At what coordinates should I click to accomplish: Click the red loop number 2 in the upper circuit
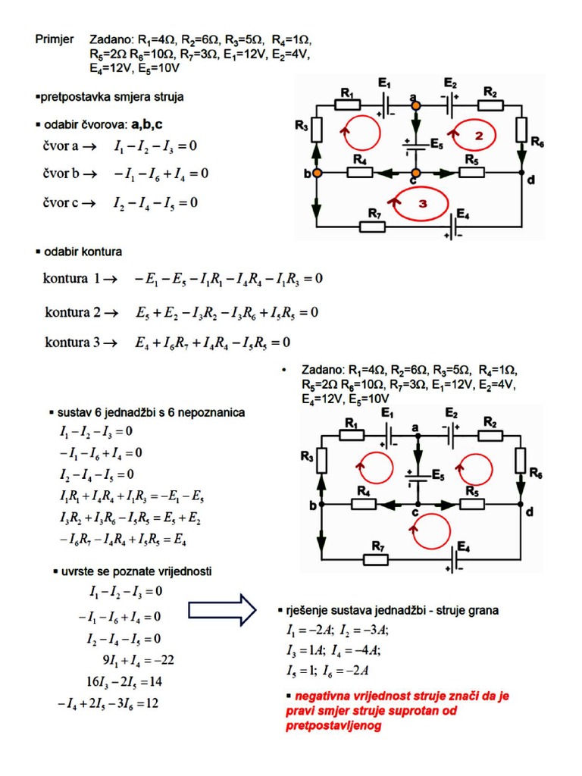pyautogui.click(x=478, y=136)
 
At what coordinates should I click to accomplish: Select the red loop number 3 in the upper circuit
pyautogui.click(x=422, y=204)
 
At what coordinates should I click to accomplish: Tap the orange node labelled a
pyautogui.click(x=415, y=106)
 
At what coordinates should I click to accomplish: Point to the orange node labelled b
pyautogui.click(x=318, y=174)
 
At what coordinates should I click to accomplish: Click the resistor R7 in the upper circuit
pyautogui.click(x=373, y=225)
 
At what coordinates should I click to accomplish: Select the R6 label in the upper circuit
pyautogui.click(x=537, y=142)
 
